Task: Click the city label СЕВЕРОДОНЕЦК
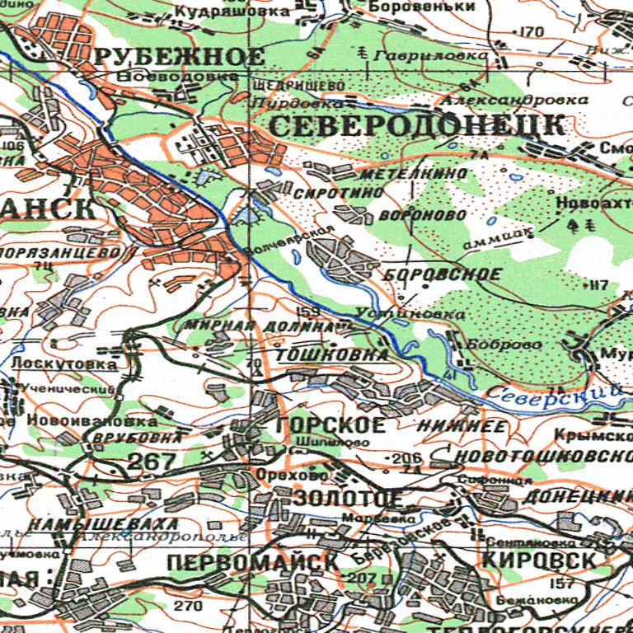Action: coord(417,126)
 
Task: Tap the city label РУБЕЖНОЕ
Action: coord(179,57)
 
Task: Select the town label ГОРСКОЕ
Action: coord(331,425)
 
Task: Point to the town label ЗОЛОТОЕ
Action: coord(348,499)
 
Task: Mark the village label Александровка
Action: coord(514,100)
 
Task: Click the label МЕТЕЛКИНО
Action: coord(413,174)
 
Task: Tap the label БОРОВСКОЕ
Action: coord(443,274)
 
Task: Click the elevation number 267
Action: coord(152,462)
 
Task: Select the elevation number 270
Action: coord(188,607)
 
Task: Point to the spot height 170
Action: coord(532,32)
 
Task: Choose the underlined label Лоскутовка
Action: coord(63,363)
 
